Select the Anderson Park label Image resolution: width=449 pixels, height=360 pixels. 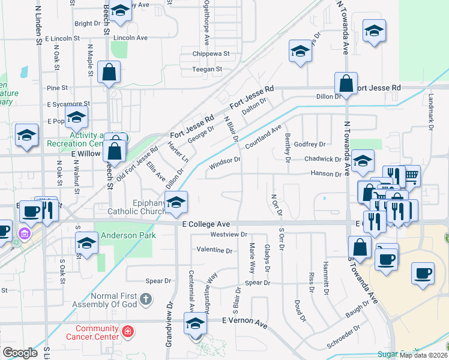pyautogui.click(x=128, y=235)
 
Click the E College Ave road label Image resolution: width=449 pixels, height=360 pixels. pyautogui.click(x=206, y=223)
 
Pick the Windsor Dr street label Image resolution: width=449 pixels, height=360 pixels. pyautogui.click(x=224, y=160)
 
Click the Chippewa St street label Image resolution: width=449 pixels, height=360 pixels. pyautogui.click(x=211, y=53)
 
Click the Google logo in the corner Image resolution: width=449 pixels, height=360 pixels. pyautogui.click(x=20, y=352)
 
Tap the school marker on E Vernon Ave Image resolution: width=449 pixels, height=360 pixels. pyautogui.click(x=196, y=325)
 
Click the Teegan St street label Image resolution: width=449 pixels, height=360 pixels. pyautogui.click(x=207, y=69)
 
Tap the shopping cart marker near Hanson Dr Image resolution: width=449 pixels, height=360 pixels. pyautogui.click(x=411, y=176)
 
